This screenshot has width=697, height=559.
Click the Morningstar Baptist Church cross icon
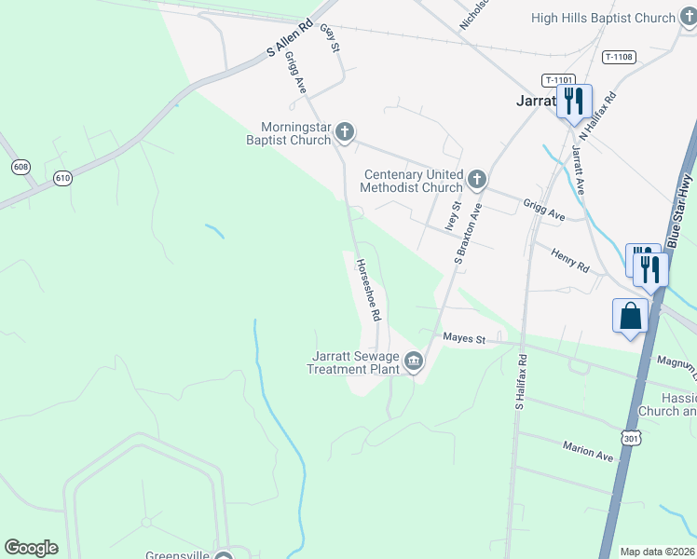[x=345, y=132]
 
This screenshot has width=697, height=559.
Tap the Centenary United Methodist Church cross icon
[x=476, y=179]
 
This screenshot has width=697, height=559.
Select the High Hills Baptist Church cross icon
[x=688, y=19]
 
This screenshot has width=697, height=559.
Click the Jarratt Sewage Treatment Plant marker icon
[x=414, y=361]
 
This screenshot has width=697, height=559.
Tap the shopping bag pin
[x=630, y=315]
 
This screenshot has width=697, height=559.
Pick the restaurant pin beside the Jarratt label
[x=573, y=101]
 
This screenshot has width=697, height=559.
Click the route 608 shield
[x=20, y=166]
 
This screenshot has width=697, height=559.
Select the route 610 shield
[x=62, y=178]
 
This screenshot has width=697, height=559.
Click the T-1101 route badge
[x=560, y=80]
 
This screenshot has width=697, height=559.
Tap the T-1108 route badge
[x=618, y=57]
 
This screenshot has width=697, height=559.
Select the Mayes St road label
[x=464, y=338]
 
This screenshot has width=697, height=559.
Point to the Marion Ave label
[x=587, y=452]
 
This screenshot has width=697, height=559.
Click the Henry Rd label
[x=570, y=260]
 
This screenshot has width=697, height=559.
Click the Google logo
[x=31, y=548]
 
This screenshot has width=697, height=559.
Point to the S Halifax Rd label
[x=521, y=383]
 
